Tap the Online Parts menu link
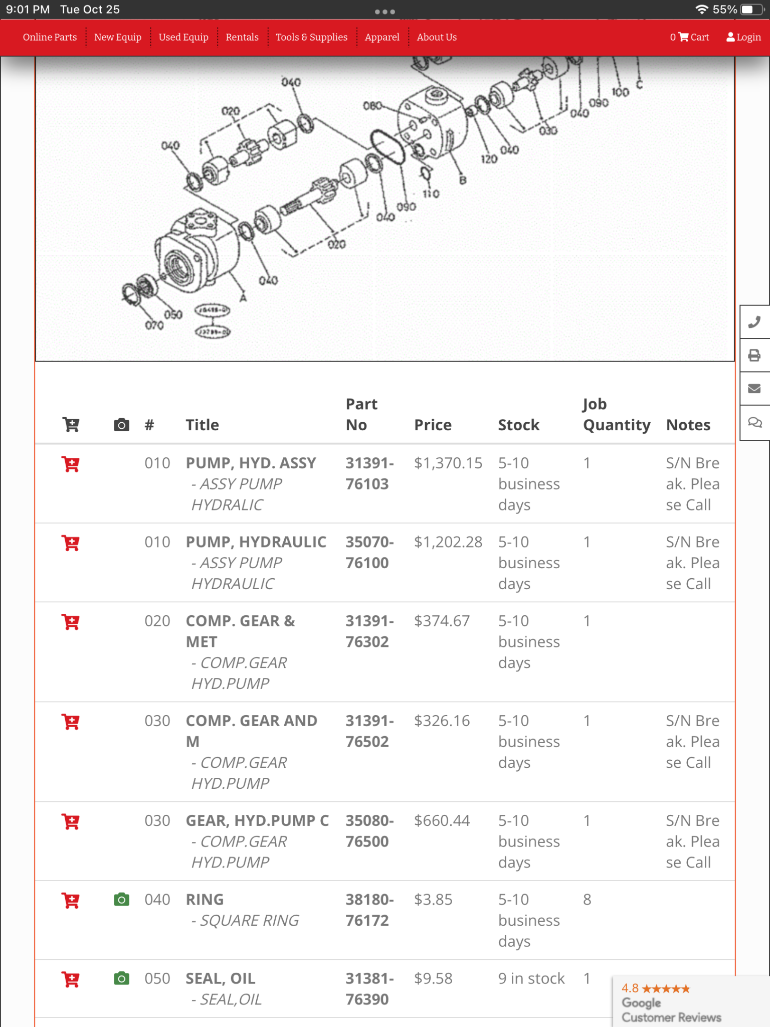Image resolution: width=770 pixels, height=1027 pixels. (x=50, y=37)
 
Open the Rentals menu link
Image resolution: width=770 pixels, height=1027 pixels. (x=242, y=37)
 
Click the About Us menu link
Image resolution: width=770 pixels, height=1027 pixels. (x=437, y=37)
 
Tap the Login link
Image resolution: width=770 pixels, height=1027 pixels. (x=743, y=37)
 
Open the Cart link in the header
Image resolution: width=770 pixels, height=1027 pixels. (x=690, y=37)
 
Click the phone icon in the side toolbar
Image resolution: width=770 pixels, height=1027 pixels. (x=754, y=322)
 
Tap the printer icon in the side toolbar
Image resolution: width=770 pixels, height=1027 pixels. (x=754, y=356)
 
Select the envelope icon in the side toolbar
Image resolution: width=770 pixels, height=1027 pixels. (x=754, y=389)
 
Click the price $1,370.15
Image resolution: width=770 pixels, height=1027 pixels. (x=448, y=463)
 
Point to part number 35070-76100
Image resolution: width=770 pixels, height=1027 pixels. (x=369, y=552)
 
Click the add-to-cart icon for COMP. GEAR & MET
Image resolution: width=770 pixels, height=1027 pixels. (x=71, y=622)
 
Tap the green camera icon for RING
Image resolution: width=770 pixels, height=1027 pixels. (x=121, y=900)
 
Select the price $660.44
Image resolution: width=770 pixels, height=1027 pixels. (x=442, y=820)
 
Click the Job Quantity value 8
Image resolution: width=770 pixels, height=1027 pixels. (x=587, y=900)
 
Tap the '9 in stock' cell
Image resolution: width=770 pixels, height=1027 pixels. (x=531, y=978)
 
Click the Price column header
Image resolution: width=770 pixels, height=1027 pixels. (x=433, y=425)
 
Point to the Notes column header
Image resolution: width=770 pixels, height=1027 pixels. (x=688, y=425)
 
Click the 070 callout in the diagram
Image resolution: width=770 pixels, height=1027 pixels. (x=154, y=325)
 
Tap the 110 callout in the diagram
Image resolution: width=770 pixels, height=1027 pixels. (x=431, y=194)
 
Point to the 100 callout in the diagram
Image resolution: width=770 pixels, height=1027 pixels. (x=620, y=92)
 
